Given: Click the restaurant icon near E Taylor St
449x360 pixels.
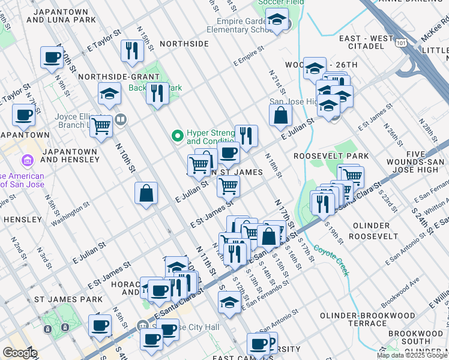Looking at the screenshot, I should point(131,51).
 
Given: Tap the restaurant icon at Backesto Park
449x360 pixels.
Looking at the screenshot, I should point(157,94).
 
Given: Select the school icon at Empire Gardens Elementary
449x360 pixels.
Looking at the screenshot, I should point(277,22).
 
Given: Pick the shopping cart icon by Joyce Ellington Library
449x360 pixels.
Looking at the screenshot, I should point(102,127).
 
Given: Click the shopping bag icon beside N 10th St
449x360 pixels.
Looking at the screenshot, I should point(146,194).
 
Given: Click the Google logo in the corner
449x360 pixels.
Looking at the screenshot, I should point(20,353).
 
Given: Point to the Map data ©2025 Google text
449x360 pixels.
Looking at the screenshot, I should point(412,355).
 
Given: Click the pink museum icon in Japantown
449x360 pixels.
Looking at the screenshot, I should point(26,160).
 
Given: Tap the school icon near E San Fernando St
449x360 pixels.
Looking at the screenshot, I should point(229,303).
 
